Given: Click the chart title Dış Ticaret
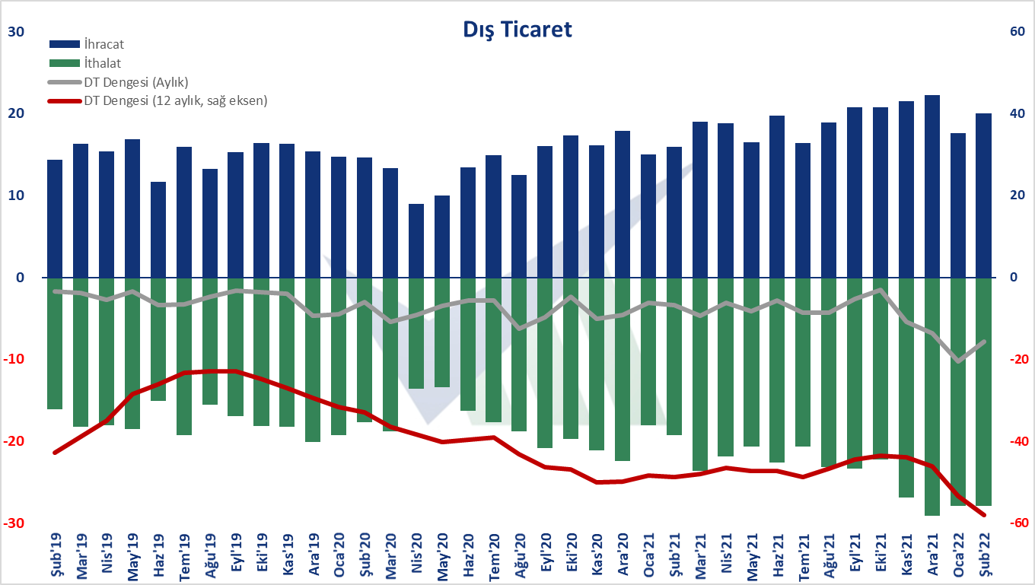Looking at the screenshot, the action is pyautogui.click(x=517, y=30).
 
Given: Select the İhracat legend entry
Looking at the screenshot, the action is pyautogui.click(x=87, y=44).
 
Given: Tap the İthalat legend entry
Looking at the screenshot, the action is pyautogui.click(x=85, y=63).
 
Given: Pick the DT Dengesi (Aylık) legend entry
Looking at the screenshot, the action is pyautogui.click(x=118, y=82).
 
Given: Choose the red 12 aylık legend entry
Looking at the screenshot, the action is pyautogui.click(x=158, y=100).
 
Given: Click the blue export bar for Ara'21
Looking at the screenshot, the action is pyautogui.click(x=932, y=186).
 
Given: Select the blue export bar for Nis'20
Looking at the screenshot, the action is pyautogui.click(x=416, y=241).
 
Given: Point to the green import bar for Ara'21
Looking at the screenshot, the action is pyautogui.click(x=932, y=396).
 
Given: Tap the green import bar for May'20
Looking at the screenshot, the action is pyautogui.click(x=442, y=332).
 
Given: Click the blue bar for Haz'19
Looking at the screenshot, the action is pyautogui.click(x=158, y=230).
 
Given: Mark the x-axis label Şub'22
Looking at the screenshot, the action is pyautogui.click(x=985, y=555).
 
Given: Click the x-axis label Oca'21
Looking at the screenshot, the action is pyautogui.click(x=648, y=555).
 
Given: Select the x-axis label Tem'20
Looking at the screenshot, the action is pyautogui.click(x=494, y=556).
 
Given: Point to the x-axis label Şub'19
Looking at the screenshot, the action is pyautogui.click(x=56, y=555).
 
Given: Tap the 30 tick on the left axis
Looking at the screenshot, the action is pyautogui.click(x=16, y=32).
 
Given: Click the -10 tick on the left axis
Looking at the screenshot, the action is pyautogui.click(x=14, y=359).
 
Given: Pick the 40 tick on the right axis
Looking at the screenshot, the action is pyautogui.click(x=1017, y=113).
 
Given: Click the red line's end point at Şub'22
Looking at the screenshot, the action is pyautogui.click(x=984, y=515).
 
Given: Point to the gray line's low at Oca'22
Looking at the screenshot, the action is pyautogui.click(x=958, y=361).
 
